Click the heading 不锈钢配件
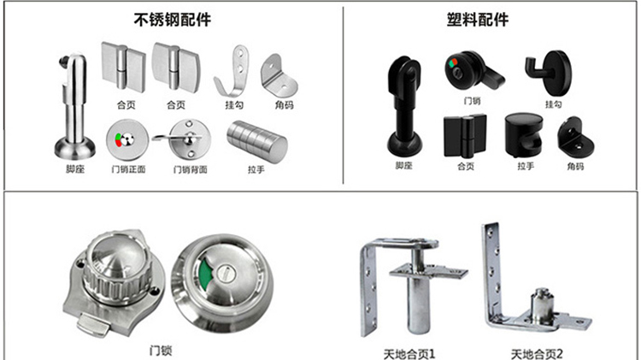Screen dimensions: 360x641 click(x=173, y=18)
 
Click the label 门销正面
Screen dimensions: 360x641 click(x=129, y=169)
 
